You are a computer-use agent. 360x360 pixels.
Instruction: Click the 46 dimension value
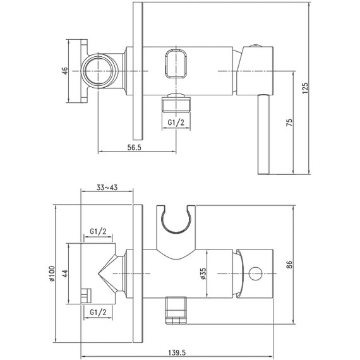pos(64,71)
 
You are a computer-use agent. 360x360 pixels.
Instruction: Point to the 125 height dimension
pos(305,89)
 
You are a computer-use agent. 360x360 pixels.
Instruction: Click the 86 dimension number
pos(289,265)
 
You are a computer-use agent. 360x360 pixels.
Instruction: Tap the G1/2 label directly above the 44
pos(98,232)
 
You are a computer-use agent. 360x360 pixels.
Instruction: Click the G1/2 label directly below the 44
pos(98,313)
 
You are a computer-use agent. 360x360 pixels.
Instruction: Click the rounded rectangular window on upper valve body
pos(176,64)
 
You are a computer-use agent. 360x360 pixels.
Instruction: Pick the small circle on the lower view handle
pos(256,273)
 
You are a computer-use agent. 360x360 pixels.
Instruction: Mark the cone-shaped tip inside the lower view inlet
pos(107,273)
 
